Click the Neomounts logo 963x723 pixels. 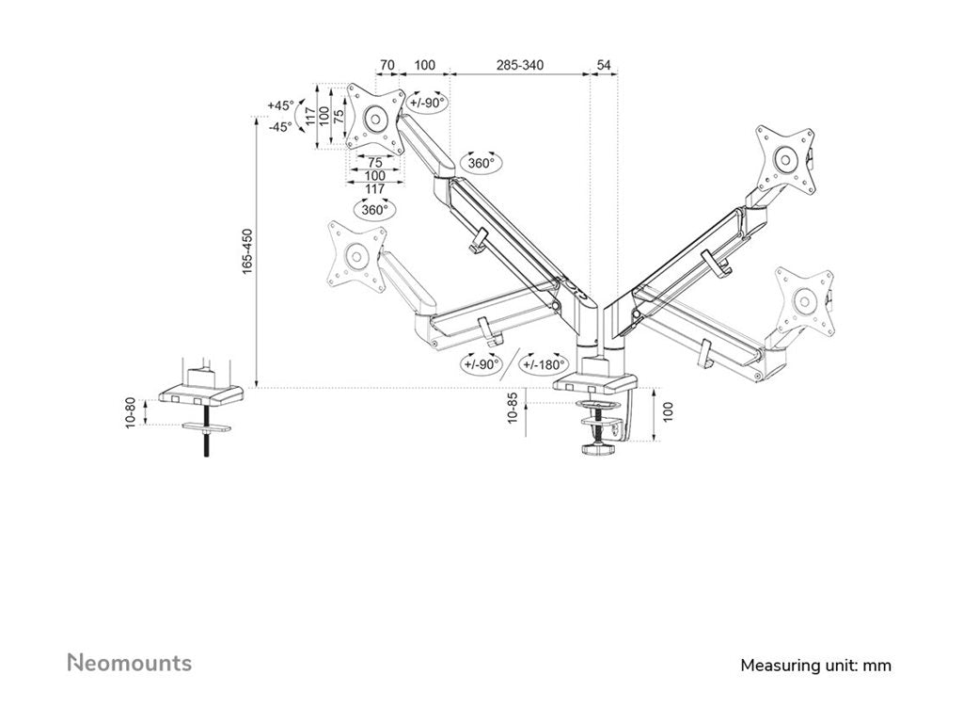coord(129,663)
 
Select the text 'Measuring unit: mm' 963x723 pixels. coord(815,666)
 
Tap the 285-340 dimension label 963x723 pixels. coord(520,65)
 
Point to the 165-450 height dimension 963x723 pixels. coord(247,250)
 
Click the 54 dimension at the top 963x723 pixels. coord(604,65)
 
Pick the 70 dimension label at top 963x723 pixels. coord(387,65)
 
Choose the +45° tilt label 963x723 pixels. coord(280,105)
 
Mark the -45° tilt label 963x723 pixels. coord(280,125)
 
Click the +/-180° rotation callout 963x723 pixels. coord(545,364)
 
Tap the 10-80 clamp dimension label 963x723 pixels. coord(132,412)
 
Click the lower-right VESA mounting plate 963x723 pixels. coord(805,301)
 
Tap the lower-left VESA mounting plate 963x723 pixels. coord(354,253)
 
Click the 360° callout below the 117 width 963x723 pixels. coord(373,209)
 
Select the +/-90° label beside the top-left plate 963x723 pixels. coord(427,104)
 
